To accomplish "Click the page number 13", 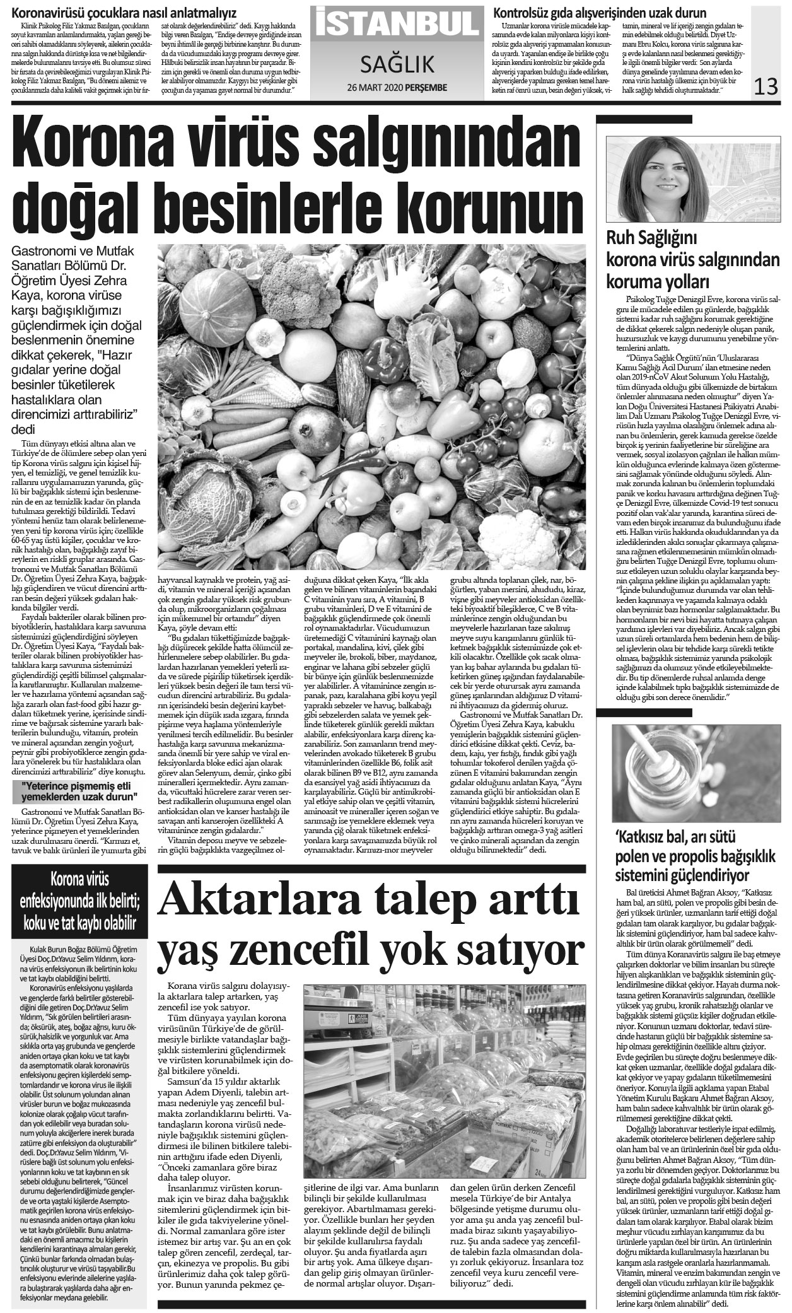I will coord(768,85).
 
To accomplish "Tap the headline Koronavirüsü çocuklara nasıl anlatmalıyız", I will coord(125,11).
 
